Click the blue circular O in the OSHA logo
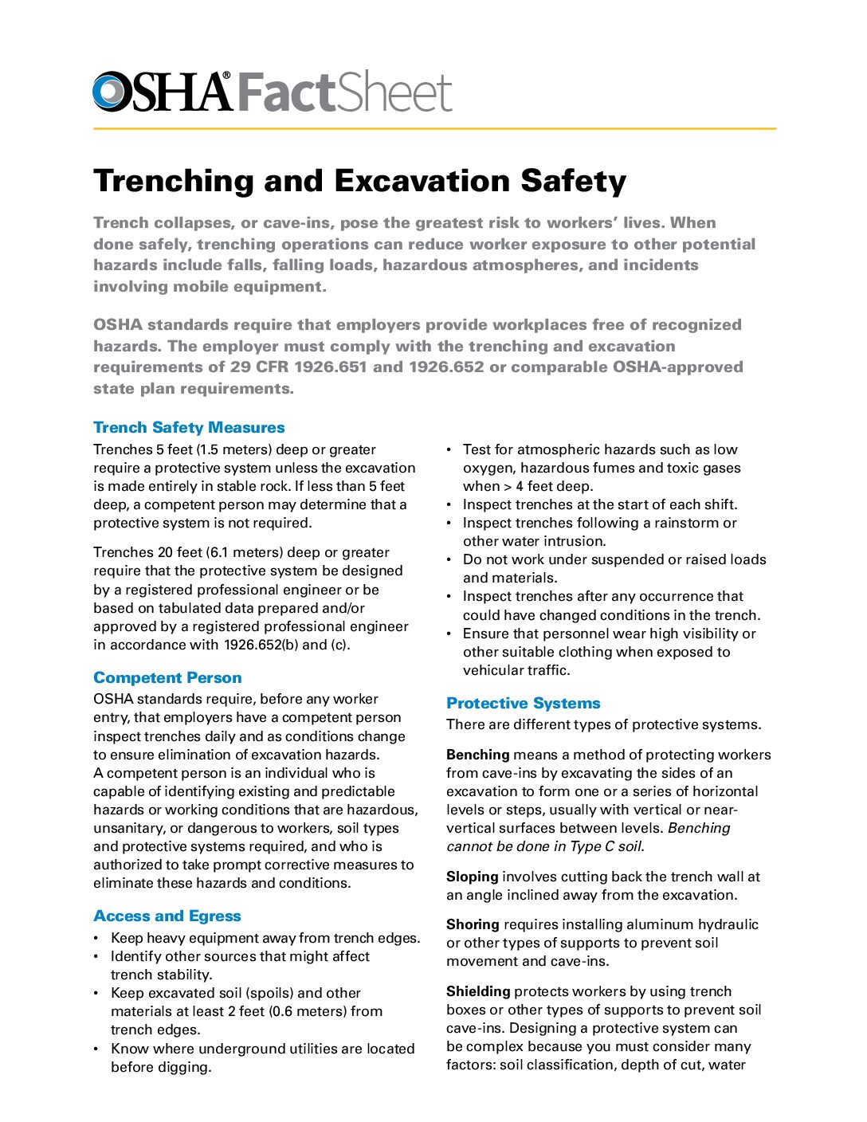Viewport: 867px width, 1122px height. tap(110, 91)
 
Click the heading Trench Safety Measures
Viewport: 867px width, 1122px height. tap(189, 428)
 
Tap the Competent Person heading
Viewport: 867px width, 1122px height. tap(167, 678)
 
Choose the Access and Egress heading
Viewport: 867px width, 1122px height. tap(167, 916)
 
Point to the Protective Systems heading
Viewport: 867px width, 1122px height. tap(523, 704)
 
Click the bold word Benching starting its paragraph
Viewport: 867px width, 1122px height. tap(478, 755)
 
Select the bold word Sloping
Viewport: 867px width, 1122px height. tap(473, 877)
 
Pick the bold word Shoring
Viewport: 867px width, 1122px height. tap(473, 924)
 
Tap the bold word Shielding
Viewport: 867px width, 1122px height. tap(478, 991)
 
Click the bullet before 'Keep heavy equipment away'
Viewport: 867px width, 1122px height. tap(96, 939)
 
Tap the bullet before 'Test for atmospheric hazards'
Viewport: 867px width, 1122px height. tap(449, 450)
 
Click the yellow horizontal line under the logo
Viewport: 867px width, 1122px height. tap(434, 128)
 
